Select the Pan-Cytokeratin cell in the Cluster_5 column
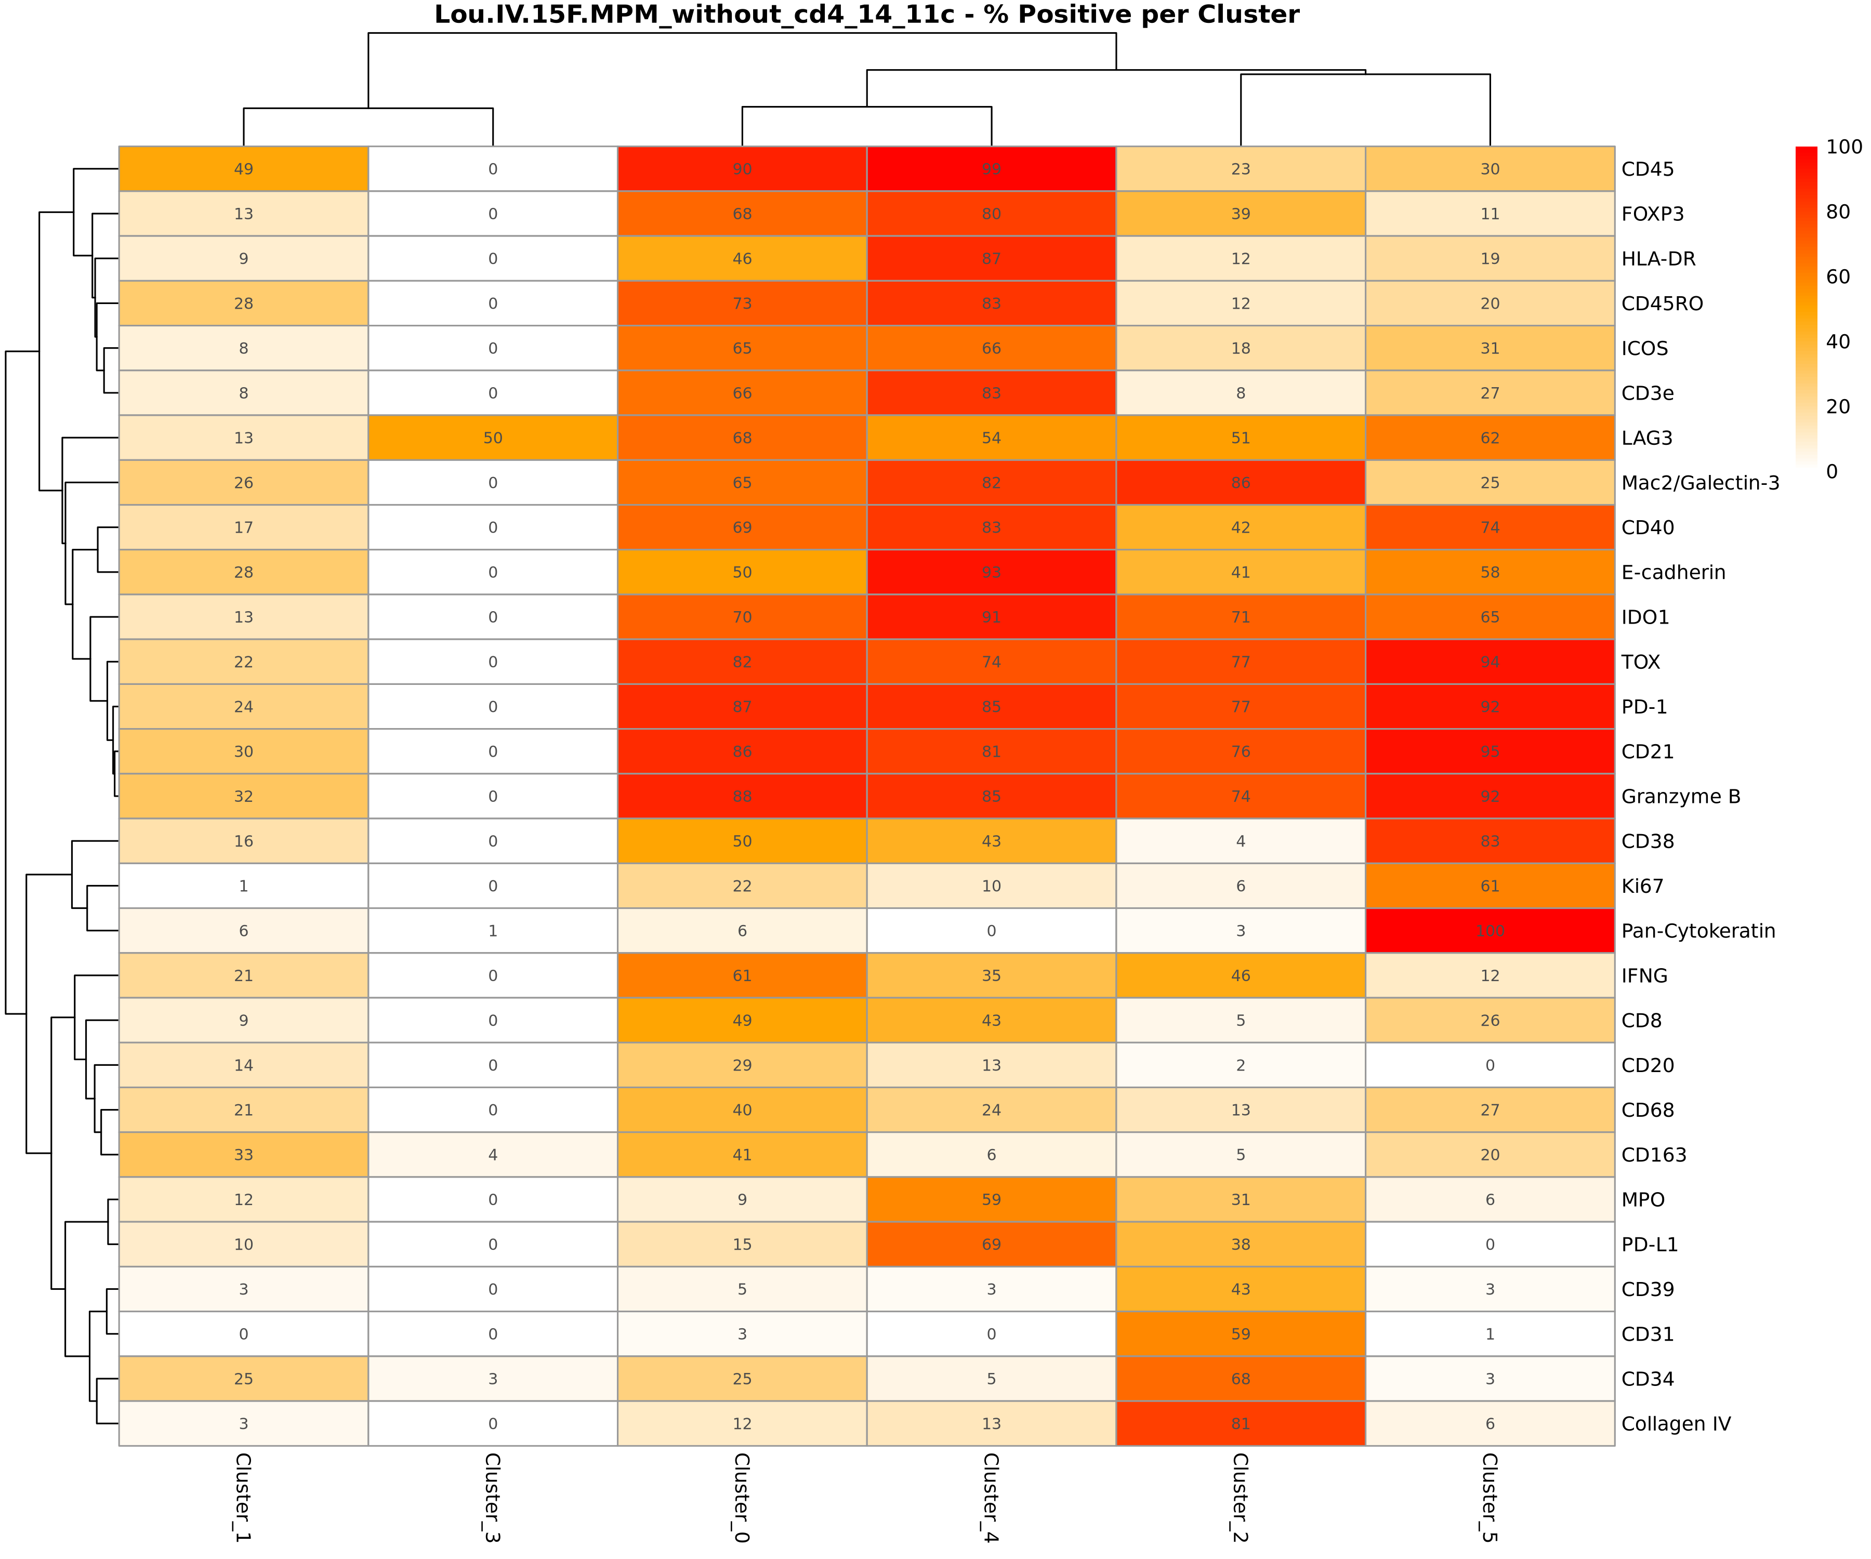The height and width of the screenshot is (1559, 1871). [x=1490, y=931]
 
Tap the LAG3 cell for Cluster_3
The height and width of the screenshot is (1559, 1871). [x=493, y=438]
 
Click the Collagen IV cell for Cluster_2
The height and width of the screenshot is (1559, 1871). [x=1240, y=1423]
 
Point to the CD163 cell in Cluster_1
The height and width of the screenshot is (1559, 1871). [x=243, y=1155]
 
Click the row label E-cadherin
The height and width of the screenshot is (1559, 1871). [x=1673, y=573]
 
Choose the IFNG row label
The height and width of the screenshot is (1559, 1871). [x=1644, y=975]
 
